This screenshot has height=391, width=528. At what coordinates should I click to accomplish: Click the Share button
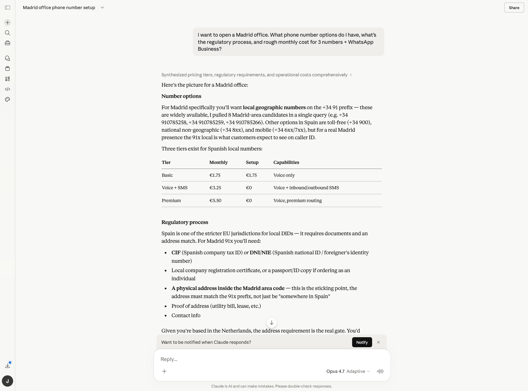tap(514, 8)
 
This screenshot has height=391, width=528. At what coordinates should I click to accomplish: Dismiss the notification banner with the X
tap(378, 342)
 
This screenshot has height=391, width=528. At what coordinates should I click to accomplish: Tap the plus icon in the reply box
tap(164, 371)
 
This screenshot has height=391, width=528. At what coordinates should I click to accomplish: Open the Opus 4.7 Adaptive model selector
tap(348, 371)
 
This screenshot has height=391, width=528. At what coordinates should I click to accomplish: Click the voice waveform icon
tap(380, 371)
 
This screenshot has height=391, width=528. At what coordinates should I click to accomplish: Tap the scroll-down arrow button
tap(272, 322)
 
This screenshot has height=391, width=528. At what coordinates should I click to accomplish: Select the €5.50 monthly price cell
tap(215, 201)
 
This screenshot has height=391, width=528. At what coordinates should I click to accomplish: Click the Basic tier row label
tap(167, 175)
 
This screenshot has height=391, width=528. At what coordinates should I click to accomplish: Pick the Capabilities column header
tap(286, 162)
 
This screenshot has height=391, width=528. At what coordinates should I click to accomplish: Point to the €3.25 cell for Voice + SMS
tap(215, 188)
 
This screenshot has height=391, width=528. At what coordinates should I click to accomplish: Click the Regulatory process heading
tap(185, 222)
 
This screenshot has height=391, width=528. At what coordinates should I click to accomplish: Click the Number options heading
tap(181, 96)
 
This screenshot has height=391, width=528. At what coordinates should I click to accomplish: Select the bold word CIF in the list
tap(176, 252)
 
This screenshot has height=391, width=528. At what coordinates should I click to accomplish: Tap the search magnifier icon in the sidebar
tap(8, 33)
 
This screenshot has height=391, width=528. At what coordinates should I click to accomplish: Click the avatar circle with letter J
tap(8, 381)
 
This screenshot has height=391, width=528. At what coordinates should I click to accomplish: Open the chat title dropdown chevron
tap(102, 8)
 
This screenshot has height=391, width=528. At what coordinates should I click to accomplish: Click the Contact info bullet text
tap(186, 315)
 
